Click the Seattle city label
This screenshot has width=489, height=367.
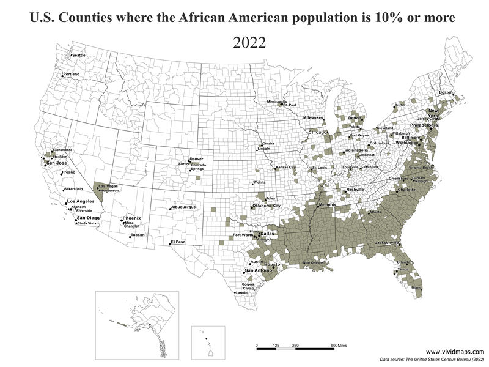pos(79,56)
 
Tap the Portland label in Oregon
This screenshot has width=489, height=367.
pos(72,75)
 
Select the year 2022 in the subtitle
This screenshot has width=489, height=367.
pos(248,43)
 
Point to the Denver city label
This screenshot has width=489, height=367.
pos(196,159)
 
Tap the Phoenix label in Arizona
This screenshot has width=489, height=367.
pos(131,218)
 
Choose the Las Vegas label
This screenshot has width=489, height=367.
pos(108,186)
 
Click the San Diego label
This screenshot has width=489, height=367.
pos(88,218)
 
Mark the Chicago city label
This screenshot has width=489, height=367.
pos(318,132)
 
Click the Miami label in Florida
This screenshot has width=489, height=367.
pos(417,287)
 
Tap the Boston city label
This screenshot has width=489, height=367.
pos(446,92)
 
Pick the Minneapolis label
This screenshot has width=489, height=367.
pos(277,101)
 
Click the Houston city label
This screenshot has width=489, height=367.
pos(274,265)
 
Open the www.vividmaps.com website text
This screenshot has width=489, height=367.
pos(454,352)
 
